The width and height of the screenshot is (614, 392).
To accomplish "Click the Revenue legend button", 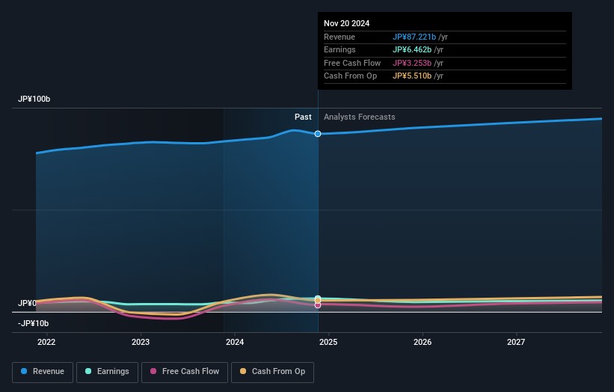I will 43,371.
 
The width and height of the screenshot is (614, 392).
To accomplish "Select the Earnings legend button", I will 107,371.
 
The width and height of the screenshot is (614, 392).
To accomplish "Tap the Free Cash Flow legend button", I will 184,371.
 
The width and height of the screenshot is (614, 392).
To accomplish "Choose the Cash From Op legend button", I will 273,371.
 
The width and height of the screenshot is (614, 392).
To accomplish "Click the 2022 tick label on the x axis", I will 46,342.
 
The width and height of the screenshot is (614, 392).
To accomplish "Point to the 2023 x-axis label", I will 141,342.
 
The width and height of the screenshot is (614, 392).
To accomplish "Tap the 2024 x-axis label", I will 234,342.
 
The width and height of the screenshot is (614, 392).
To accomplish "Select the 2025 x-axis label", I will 328,342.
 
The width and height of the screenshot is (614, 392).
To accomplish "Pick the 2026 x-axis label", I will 423,342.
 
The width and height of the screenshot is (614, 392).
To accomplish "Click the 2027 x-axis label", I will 516,342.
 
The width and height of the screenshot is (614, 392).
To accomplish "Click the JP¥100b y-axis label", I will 34,99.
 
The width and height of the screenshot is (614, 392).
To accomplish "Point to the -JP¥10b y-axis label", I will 33,323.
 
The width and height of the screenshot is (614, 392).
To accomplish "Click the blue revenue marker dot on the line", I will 318,134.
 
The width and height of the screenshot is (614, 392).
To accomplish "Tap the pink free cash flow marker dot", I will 318,305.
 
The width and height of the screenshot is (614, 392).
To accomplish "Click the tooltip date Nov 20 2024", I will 346,24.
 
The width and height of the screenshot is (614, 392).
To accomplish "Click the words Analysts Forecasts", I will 359,117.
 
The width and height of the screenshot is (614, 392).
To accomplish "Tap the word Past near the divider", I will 303,117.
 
